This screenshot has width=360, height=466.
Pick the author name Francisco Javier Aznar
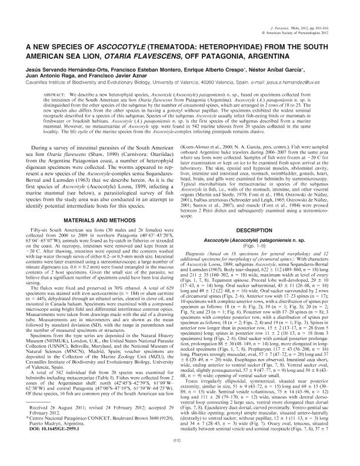(x=112, y=84)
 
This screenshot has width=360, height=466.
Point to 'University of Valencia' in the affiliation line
(x=169, y=91)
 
